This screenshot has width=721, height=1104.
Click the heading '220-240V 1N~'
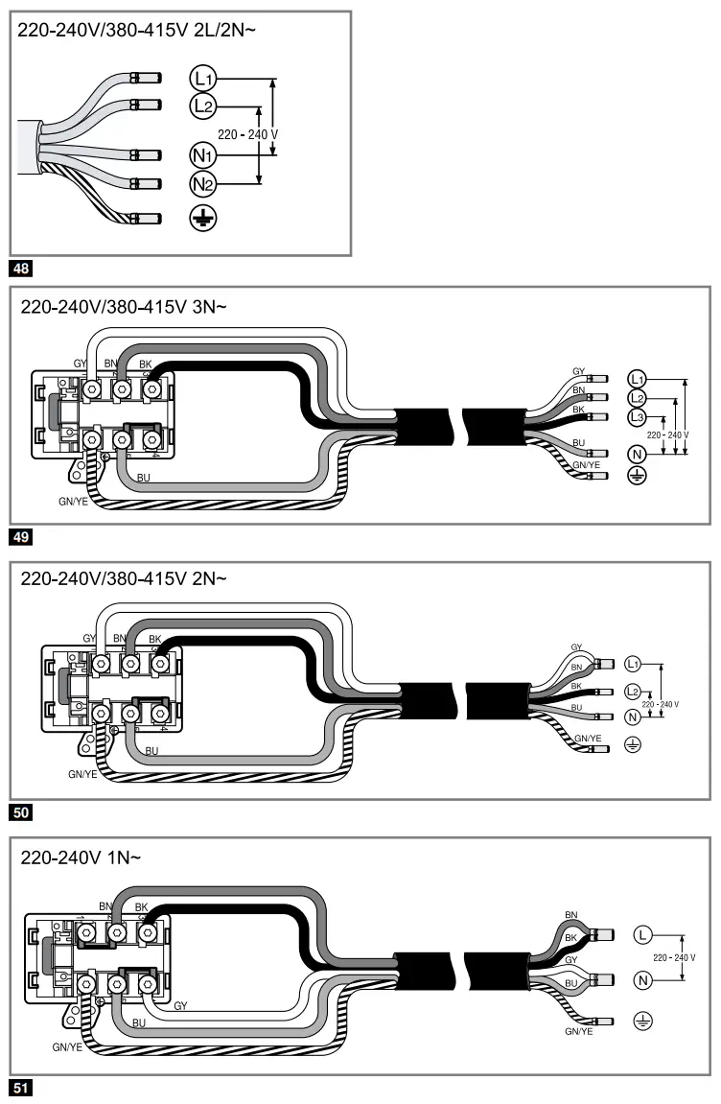tap(81, 857)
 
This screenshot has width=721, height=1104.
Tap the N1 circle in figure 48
tap(202, 155)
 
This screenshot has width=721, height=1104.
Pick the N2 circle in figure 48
tap(202, 184)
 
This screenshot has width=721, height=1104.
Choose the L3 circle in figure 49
tap(638, 417)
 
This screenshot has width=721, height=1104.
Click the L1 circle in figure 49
tap(638, 378)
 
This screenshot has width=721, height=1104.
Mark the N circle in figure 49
tap(637, 454)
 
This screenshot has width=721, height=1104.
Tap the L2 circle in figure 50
tap(632, 691)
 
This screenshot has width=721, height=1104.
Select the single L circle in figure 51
tap(642, 934)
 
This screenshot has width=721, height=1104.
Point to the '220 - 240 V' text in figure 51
tap(674, 957)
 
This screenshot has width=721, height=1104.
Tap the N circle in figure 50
tap(632, 716)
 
